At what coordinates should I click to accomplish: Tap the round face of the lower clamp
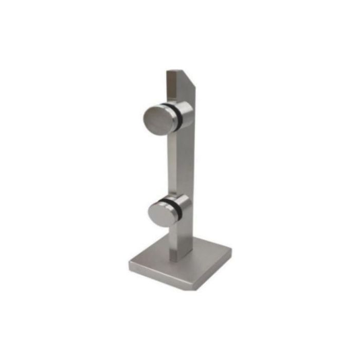coord(161,211)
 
